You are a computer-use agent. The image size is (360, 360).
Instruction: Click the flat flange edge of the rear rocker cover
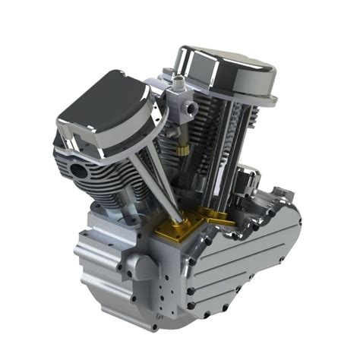pyautogui.click(x=251, y=95)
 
